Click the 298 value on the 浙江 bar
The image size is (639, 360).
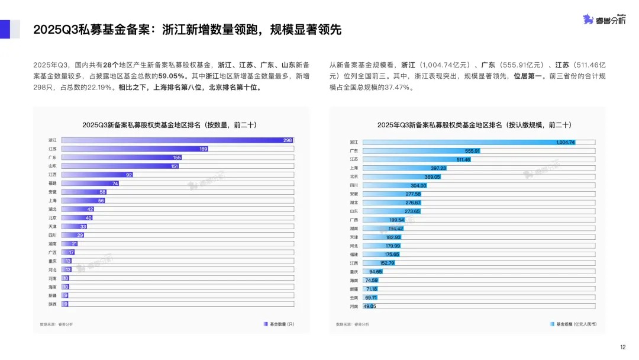[288, 140]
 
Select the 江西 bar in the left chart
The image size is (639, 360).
[98, 175]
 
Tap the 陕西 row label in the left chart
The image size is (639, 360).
[53, 304]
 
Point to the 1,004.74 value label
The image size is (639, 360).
[566, 143]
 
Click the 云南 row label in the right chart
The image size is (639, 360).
[354, 297]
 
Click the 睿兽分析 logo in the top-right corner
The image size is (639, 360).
[603, 20]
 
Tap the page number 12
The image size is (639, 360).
[622, 348]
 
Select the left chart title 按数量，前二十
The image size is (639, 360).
[165, 125]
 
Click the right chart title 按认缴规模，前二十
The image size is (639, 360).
[473, 125]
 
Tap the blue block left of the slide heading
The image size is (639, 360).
[5, 30]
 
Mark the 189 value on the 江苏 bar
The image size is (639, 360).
[203, 149]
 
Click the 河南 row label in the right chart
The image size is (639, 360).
[354, 306]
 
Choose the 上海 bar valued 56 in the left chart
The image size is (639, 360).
[83, 201]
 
